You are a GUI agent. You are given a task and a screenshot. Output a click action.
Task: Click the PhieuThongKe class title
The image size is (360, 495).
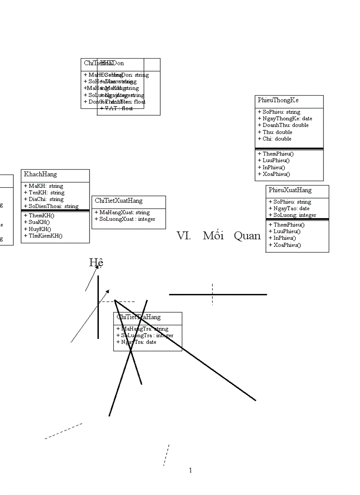coord(278,100)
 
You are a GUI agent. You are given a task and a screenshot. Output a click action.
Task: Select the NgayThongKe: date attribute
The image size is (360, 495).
coord(285,119)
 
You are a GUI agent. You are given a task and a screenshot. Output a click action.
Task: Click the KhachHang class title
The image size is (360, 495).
coord(41,175)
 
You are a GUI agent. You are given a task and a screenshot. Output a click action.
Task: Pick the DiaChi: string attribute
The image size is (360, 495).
coord(44,199)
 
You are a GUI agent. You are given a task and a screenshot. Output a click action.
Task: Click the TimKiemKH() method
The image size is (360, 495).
coord(43,236)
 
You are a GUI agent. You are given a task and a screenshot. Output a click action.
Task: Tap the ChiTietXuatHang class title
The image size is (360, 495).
coord(119,201)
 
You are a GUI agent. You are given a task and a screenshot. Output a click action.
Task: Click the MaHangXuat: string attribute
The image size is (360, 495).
coord(122,212)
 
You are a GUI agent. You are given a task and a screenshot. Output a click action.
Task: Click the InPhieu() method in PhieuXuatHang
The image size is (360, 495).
coord(282,238)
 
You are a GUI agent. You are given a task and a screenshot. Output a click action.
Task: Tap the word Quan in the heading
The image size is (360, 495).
coord(247,236)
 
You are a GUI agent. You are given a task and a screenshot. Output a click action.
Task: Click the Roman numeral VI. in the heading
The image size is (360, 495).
coord(183,236)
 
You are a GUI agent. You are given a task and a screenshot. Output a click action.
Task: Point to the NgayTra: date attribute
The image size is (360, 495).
coord(136,342)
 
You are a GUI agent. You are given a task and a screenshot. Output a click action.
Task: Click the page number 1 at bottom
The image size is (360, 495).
coord(191,470)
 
